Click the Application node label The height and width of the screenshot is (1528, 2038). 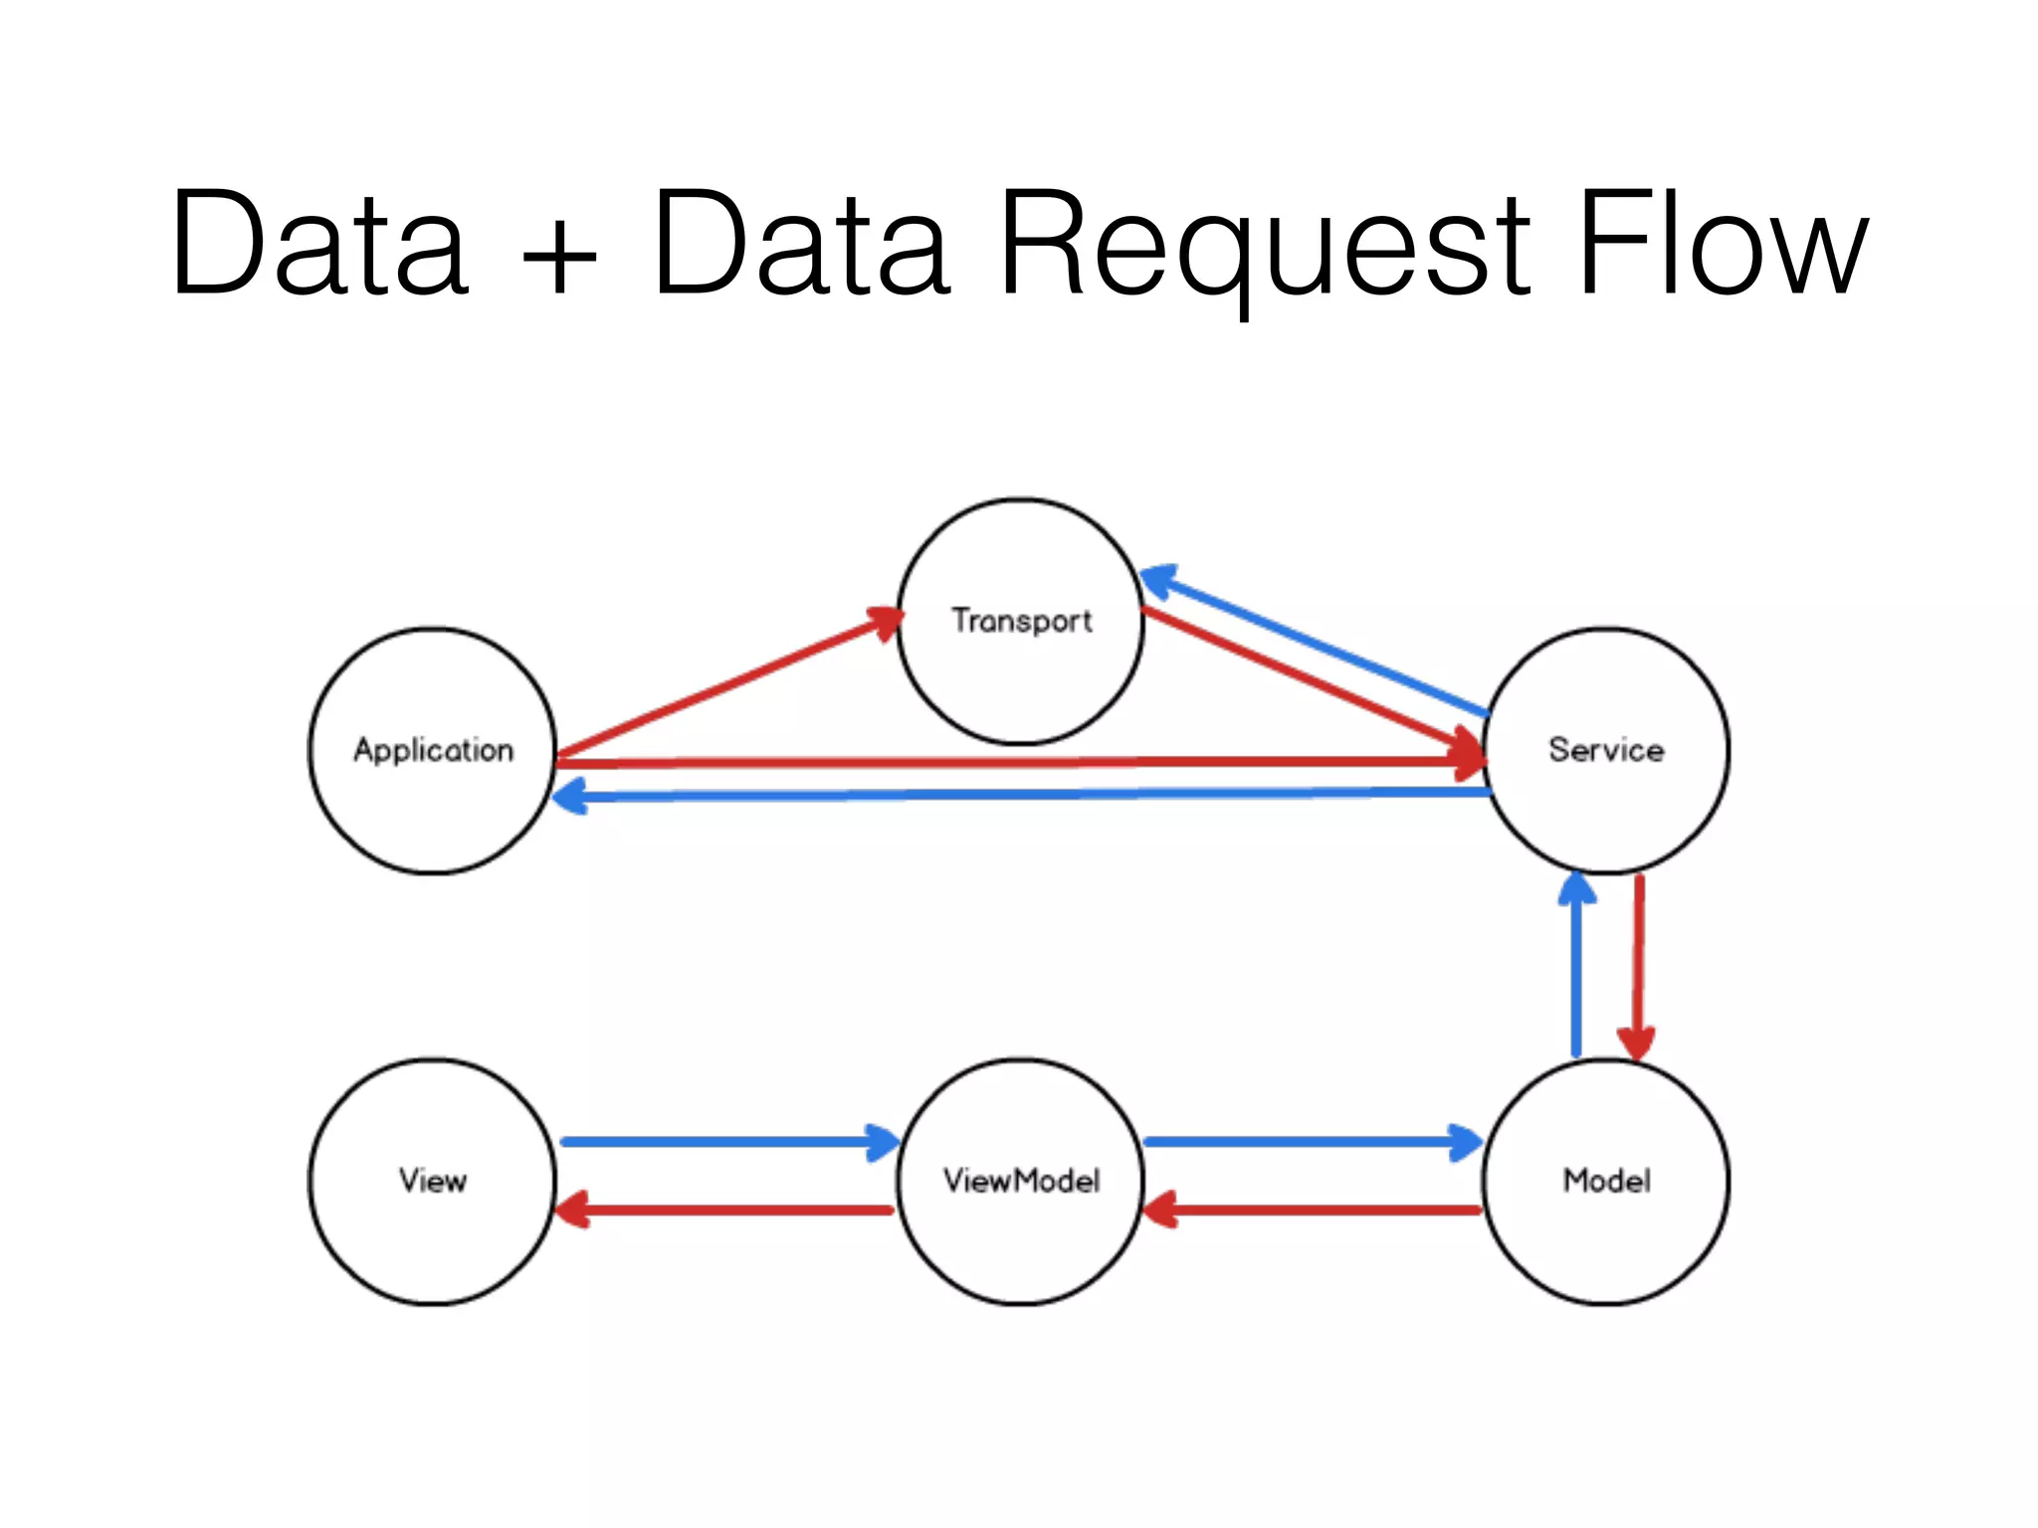[x=433, y=750]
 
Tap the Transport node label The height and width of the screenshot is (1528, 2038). [x=1021, y=621]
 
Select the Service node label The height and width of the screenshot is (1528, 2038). [x=1605, y=750]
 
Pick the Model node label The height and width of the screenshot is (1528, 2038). [x=1606, y=1181]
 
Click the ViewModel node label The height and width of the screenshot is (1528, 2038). [x=1021, y=1181]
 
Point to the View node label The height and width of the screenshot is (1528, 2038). [x=433, y=1181]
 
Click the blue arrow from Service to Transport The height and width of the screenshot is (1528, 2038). [x=1314, y=642]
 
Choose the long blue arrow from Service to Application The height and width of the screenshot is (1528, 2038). [x=1025, y=795]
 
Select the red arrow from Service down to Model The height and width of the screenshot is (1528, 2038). [x=1638, y=965]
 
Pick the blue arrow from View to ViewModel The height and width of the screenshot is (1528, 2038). [x=726, y=1142]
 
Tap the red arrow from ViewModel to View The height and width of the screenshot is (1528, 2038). [x=726, y=1211]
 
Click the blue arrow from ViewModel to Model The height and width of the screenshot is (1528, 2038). [x=1314, y=1142]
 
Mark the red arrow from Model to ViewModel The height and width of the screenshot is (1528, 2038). [x=1314, y=1211]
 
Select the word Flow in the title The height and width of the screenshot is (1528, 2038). [x=1722, y=244]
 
